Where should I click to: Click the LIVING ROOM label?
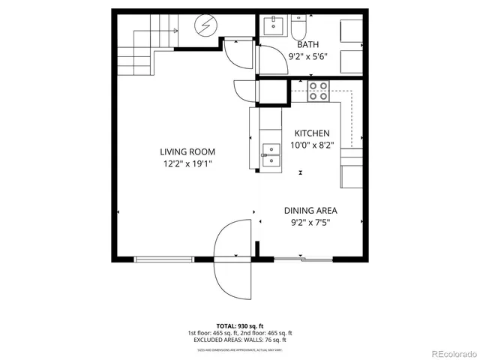click(x=187, y=151)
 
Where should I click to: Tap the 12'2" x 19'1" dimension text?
click(x=187, y=163)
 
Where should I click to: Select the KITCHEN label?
click(x=311, y=133)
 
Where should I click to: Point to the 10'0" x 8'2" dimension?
click(x=311, y=145)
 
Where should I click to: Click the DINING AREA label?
click(x=310, y=211)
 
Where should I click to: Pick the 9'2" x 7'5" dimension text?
click(x=310, y=223)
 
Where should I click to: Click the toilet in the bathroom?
click(x=298, y=29)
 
